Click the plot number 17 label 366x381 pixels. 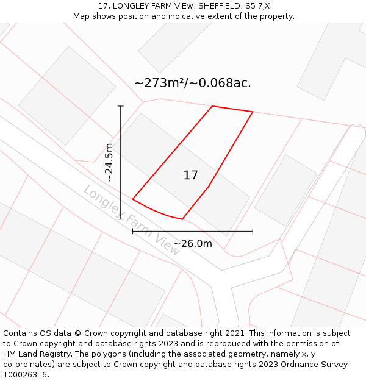(x=191, y=176)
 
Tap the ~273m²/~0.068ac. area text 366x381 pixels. (x=193, y=83)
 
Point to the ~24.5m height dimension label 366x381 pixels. (x=109, y=162)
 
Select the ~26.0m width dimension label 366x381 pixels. (x=193, y=244)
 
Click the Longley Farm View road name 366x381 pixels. (x=131, y=219)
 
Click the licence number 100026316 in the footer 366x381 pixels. (x=24, y=375)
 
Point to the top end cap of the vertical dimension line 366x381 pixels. (x=121, y=106)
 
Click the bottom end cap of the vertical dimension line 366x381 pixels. (x=121, y=219)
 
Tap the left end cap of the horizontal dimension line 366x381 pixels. (x=133, y=231)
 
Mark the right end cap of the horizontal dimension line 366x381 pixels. (x=253, y=231)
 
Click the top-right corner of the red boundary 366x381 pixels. (x=253, y=112)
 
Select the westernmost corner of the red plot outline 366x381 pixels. (x=133, y=199)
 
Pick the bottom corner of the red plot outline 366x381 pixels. (x=182, y=219)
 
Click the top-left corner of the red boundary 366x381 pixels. (x=212, y=107)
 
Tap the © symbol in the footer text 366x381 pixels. (x=77, y=333)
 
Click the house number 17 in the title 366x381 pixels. (x=103, y=6)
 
